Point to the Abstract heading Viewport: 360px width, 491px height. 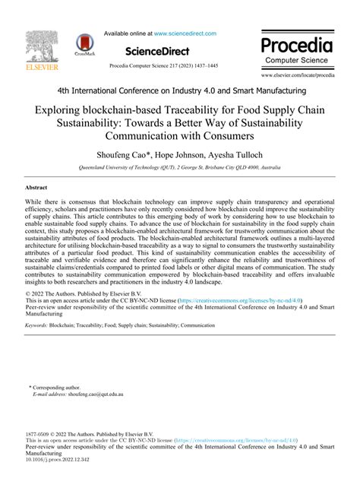tap(37, 187)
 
